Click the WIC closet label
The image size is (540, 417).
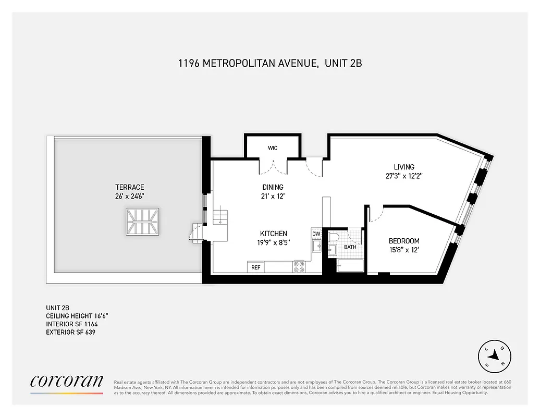[x=273, y=148]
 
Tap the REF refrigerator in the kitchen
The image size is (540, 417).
[x=256, y=267]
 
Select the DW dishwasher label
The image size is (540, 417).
[x=316, y=234]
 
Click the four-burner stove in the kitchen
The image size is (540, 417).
[x=299, y=267]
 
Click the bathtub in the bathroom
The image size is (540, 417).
[x=350, y=266]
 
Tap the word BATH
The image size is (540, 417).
[x=350, y=247]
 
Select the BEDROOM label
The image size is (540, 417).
[x=404, y=241]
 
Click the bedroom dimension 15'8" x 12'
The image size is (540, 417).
[x=404, y=250]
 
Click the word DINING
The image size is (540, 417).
[x=273, y=187]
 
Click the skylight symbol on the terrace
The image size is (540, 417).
[x=141, y=222]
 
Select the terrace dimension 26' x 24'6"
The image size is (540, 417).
[x=130, y=196]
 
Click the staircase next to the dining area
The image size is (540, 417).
[x=220, y=215]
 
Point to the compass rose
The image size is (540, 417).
[x=494, y=357]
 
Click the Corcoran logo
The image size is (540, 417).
[x=67, y=382]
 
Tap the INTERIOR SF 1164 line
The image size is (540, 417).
[x=72, y=324]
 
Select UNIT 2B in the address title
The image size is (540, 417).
[x=343, y=64]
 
